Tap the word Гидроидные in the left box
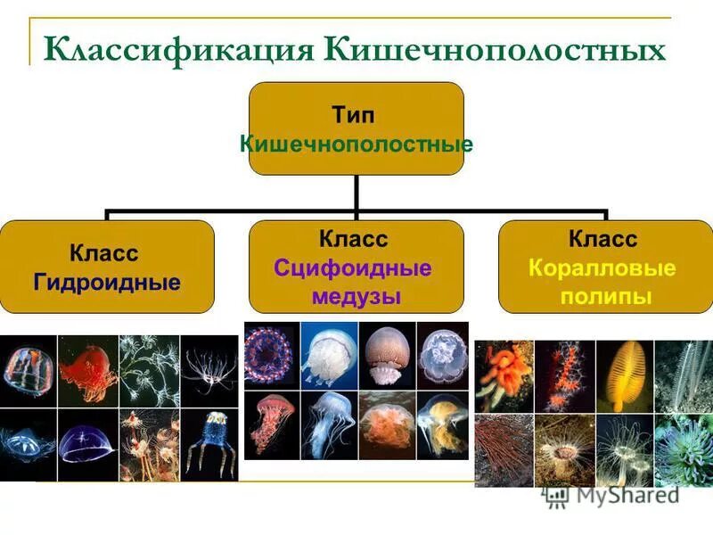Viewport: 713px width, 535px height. click(107, 283)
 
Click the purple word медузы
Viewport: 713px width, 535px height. click(356, 296)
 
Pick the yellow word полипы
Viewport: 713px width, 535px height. click(605, 296)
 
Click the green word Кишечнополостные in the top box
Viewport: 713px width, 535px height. click(356, 143)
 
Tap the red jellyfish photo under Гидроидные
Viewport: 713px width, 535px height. click(87, 370)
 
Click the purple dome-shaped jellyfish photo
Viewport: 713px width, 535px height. click(87, 441)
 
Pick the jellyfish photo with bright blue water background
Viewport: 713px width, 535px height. click(329, 355)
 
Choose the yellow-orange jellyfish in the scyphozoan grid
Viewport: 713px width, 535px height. click(442, 425)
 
